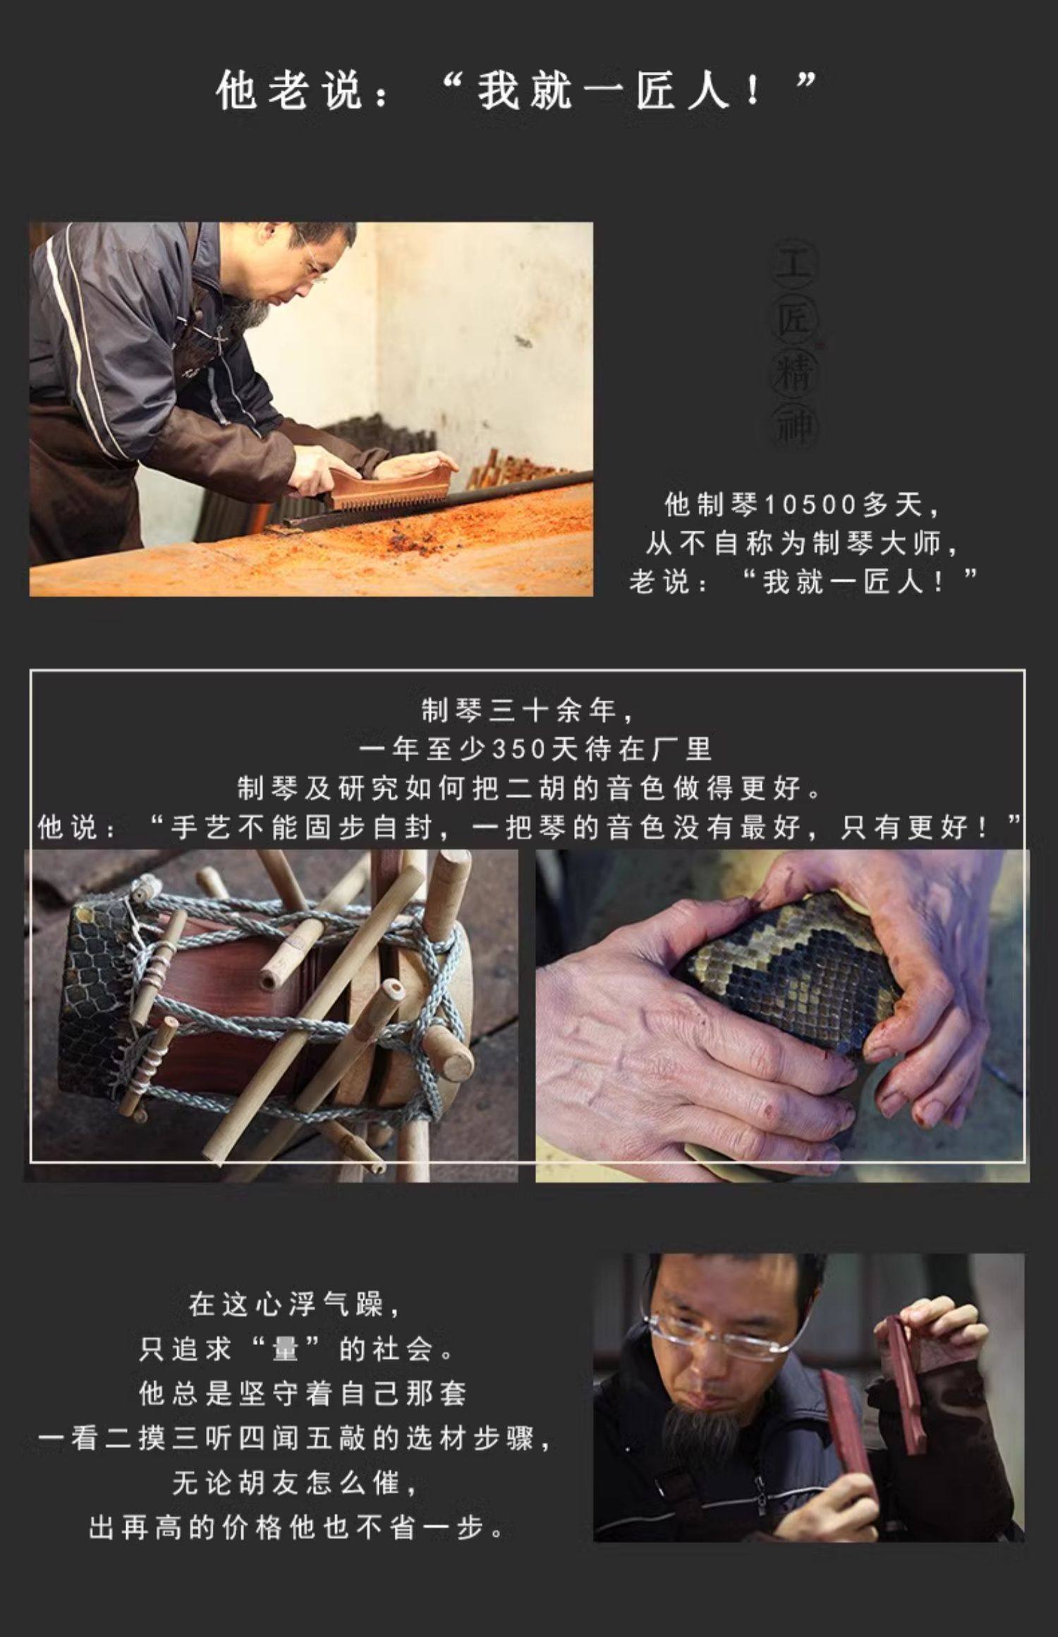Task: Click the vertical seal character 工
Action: coord(795,267)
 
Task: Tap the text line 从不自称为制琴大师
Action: coord(795,544)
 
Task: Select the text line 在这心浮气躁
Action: coord(286,1304)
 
